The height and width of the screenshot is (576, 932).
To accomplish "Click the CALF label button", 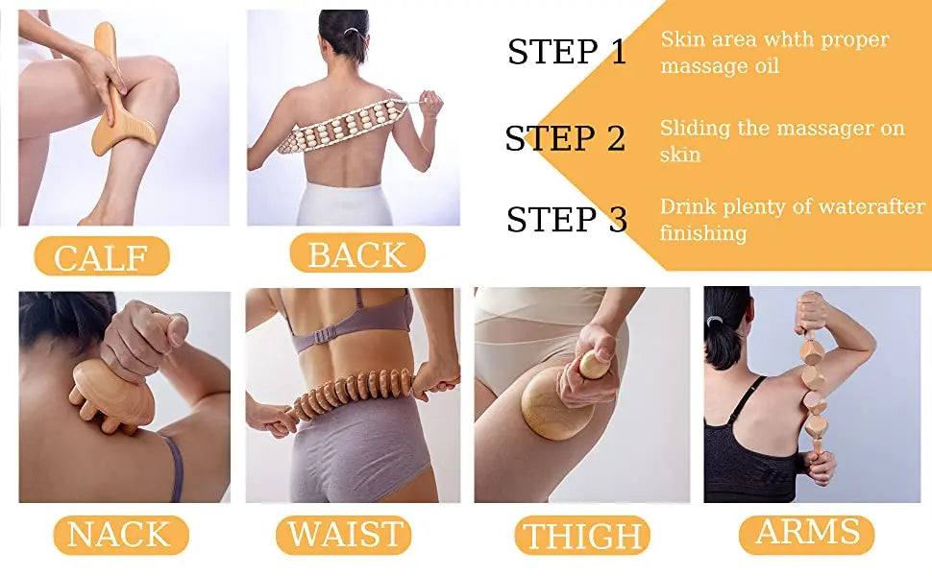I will point(102,256).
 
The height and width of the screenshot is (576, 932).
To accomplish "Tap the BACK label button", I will point(356,253).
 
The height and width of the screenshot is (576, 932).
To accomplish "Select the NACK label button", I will point(120,535).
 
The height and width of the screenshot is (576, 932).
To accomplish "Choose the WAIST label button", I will point(344,535).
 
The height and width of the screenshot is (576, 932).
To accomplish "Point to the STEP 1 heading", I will point(567,52).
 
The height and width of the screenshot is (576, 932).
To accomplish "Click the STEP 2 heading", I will point(565,138).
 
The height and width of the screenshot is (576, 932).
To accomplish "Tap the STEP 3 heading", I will point(567,220).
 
